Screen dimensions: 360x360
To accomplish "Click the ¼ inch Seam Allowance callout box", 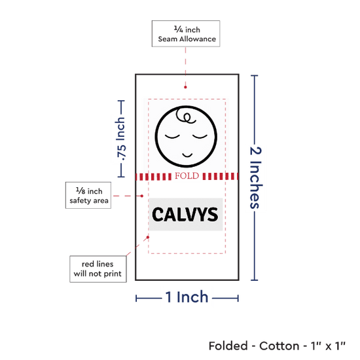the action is point(186,33).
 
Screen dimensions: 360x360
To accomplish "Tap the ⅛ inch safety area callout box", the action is point(88,196).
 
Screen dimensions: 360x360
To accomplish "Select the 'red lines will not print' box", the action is point(98,269).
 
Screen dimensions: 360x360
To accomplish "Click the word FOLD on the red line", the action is point(187,176).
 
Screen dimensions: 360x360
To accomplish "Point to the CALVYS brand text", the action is point(185,215).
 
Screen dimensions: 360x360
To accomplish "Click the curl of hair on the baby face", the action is point(185,116).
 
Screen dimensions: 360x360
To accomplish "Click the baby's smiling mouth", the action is point(187,155).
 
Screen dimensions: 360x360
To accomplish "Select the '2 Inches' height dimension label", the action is point(256,177).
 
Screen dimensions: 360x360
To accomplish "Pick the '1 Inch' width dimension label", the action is point(187,297).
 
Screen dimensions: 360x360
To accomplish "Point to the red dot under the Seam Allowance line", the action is point(185,87).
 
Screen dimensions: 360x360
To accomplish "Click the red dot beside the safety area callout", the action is point(142,196).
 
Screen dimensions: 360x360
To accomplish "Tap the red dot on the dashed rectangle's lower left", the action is point(148,237).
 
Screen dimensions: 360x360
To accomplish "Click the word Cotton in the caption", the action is point(279,346).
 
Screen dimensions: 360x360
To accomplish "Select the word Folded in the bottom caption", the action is point(228,346).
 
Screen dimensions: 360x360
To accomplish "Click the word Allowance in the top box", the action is point(198,39).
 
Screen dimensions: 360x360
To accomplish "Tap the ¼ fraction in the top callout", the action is point(179,29).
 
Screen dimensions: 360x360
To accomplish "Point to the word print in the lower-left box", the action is point(113,274).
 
